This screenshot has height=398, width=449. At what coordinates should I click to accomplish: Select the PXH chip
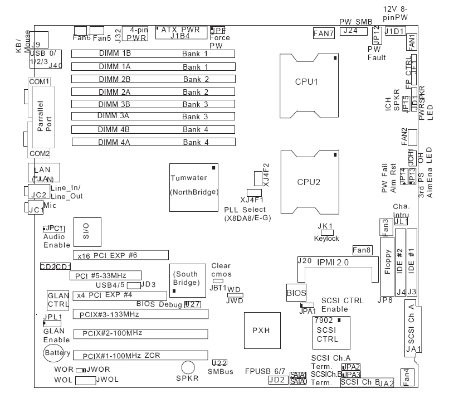[x=261, y=330]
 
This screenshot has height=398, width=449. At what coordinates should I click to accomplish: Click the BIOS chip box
[x=295, y=292]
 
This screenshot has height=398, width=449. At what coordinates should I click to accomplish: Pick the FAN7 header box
[x=323, y=33]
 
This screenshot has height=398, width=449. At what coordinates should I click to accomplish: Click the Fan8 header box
[x=362, y=250]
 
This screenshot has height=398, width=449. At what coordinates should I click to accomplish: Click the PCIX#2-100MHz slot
[x=141, y=334]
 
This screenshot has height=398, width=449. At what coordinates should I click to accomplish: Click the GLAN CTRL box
[x=58, y=300]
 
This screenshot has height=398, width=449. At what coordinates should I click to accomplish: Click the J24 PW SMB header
[x=350, y=31]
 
